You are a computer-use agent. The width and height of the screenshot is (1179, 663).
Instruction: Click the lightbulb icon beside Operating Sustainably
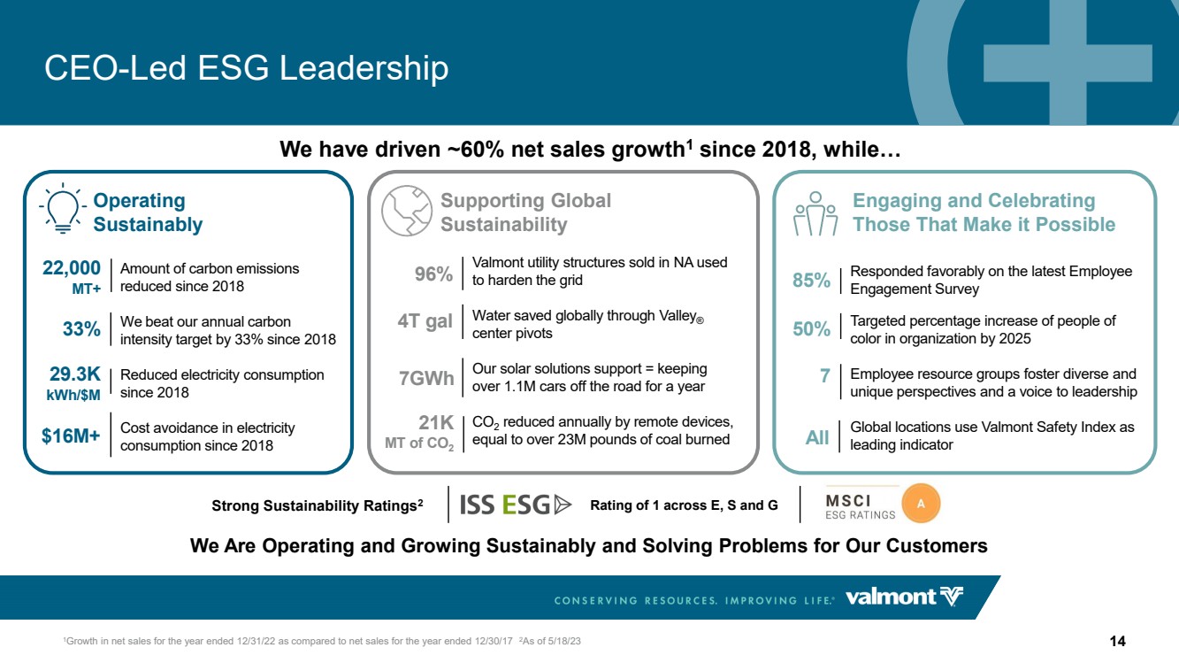(x=63, y=209)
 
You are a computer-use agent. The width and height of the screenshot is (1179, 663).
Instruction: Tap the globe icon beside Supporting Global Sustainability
(x=406, y=211)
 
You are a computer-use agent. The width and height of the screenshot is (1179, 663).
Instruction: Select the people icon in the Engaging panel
(x=815, y=213)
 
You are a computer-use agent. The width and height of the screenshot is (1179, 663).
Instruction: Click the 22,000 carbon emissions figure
(x=72, y=268)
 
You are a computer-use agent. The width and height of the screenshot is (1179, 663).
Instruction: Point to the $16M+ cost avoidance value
(x=71, y=436)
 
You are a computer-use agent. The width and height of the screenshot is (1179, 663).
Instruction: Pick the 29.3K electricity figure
(x=75, y=374)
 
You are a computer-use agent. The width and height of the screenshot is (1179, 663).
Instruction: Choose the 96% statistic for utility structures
(x=433, y=274)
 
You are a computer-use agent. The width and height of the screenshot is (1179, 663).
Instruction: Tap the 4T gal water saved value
(x=425, y=320)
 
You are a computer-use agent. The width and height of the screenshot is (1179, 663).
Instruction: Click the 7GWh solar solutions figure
(x=426, y=378)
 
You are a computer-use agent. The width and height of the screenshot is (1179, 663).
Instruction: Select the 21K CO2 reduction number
(x=436, y=422)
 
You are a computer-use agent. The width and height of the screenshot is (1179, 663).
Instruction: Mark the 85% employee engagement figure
(x=812, y=280)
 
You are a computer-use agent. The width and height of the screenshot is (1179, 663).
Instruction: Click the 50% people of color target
(x=812, y=329)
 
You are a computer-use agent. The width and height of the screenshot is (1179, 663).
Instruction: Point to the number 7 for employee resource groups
(x=825, y=375)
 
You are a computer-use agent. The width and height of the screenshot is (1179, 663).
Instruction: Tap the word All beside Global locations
(x=817, y=437)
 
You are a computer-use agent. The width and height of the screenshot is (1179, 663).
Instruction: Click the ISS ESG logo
(x=516, y=505)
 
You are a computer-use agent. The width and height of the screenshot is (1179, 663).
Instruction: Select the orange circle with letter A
(x=921, y=504)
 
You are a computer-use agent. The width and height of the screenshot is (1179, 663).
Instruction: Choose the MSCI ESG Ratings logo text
(x=860, y=507)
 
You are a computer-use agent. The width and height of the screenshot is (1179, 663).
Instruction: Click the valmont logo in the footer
(x=904, y=597)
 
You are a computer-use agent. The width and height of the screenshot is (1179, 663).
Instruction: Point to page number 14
(x=1117, y=641)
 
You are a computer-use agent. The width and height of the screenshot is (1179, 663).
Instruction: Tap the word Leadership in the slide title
(x=364, y=68)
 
